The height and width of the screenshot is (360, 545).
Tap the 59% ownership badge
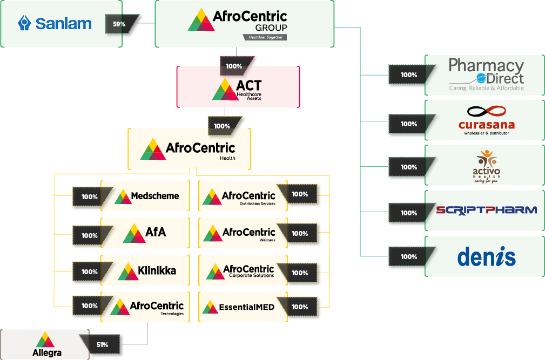point(119,24)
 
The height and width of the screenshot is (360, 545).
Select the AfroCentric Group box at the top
point(244,24)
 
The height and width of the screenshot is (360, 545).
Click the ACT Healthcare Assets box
point(238,87)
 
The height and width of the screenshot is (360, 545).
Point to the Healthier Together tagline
point(264,37)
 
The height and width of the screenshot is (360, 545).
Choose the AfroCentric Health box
point(189,149)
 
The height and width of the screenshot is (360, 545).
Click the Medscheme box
point(145,196)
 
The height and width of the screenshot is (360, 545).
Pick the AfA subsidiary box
point(145,233)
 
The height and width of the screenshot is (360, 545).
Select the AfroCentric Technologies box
point(145,307)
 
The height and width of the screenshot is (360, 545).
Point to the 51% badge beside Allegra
point(103,345)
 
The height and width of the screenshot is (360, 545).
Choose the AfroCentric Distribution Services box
point(242,196)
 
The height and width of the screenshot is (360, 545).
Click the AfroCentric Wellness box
point(242,233)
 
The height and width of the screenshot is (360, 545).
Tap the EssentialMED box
point(242,307)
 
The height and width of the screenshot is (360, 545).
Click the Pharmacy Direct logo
point(486,75)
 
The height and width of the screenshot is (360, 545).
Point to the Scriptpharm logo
point(486,210)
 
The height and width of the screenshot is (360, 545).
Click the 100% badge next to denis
point(409,257)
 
